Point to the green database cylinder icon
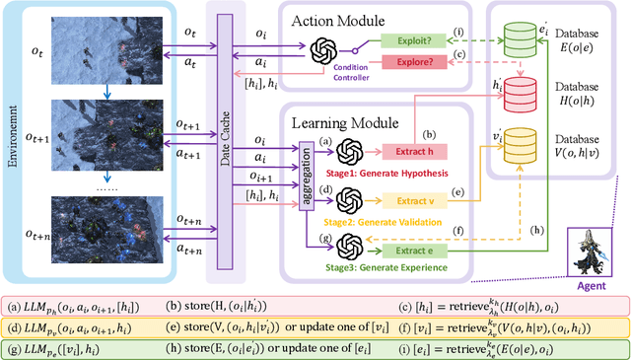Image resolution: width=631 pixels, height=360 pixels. pyautogui.click(x=525, y=39)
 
